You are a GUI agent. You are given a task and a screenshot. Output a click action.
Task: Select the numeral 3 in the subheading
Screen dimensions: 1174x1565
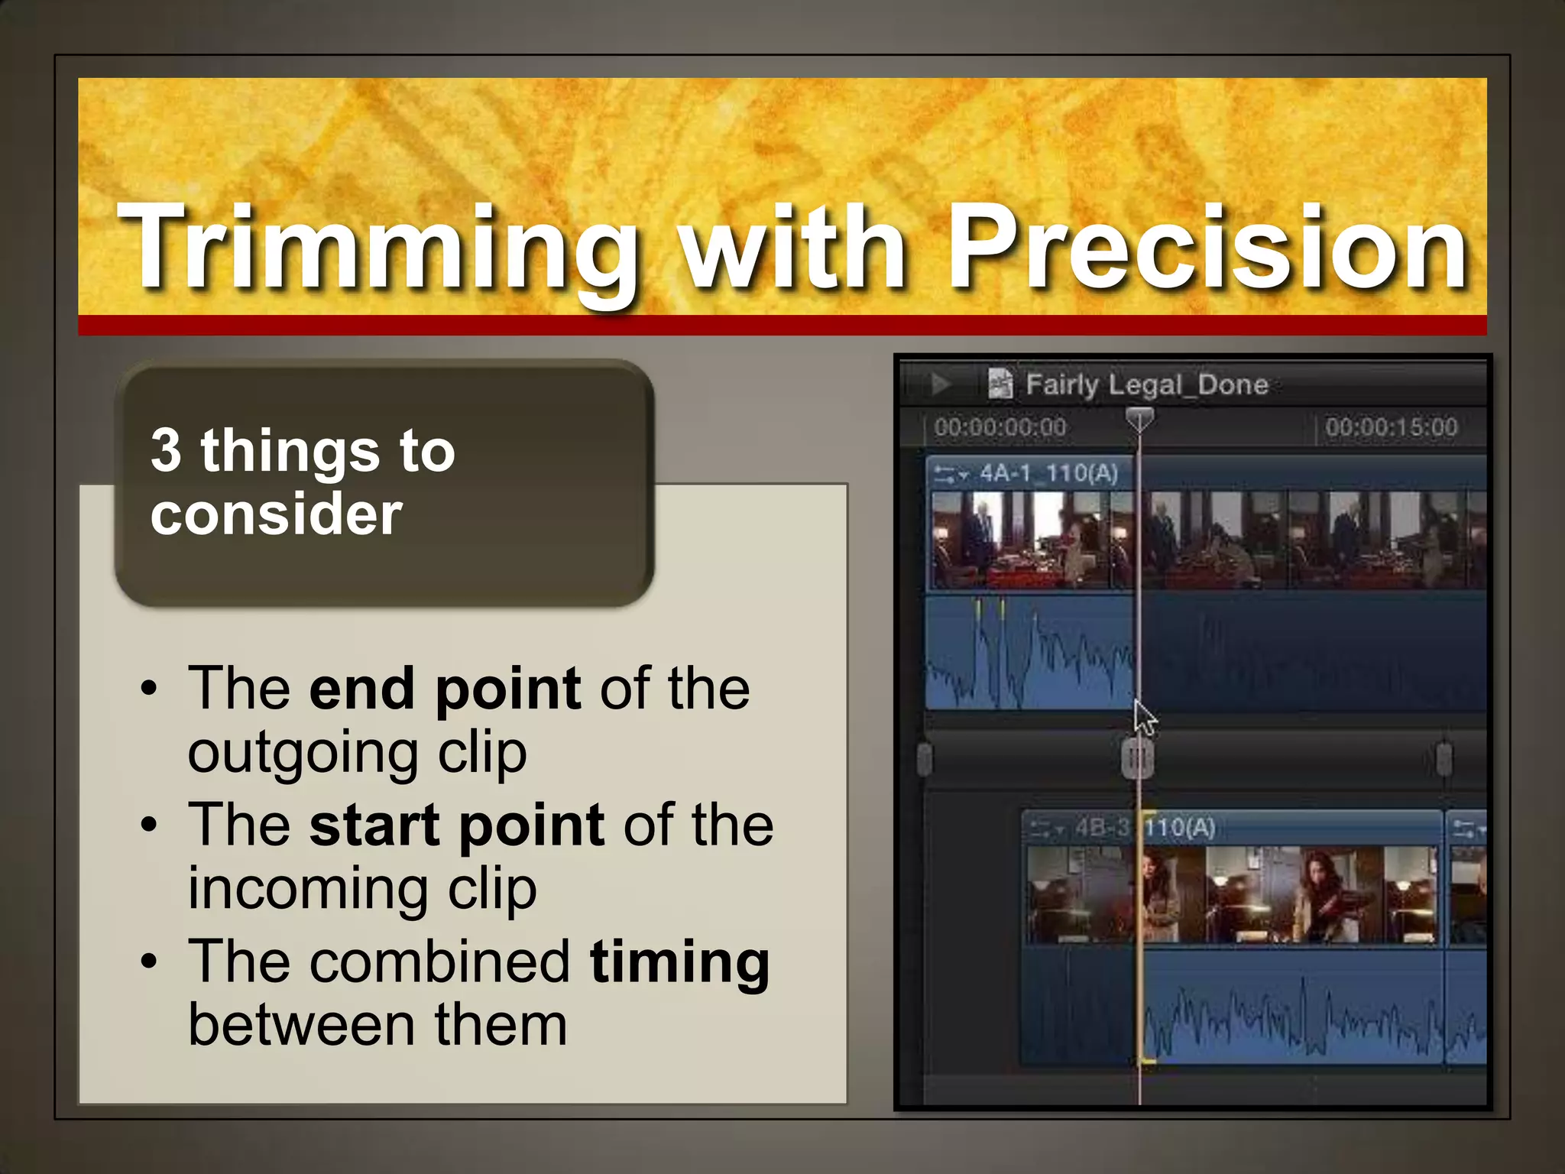167,451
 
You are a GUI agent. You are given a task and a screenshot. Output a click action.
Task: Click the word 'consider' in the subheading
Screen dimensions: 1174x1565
276,514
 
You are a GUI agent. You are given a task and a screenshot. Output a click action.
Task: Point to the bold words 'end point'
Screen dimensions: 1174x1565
445,689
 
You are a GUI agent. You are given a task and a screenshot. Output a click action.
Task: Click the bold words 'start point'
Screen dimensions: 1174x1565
457,825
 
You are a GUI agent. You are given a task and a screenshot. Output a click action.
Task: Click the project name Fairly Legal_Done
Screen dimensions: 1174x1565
1146,384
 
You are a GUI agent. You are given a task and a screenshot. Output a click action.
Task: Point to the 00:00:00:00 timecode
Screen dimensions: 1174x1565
1000,427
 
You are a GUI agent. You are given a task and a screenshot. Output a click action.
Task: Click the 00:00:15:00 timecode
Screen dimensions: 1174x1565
1392,427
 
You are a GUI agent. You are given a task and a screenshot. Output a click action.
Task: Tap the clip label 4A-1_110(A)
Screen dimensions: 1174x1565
1048,474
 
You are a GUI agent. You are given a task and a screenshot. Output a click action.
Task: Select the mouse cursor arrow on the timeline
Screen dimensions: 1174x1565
1143,718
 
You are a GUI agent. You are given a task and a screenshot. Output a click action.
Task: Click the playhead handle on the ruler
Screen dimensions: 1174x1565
1139,419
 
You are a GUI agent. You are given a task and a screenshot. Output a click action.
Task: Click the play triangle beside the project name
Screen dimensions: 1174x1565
940,384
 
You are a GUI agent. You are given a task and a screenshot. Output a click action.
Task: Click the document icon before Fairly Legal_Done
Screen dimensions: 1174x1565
1000,384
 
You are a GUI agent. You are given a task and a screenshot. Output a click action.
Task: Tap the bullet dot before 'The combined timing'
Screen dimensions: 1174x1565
149,962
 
